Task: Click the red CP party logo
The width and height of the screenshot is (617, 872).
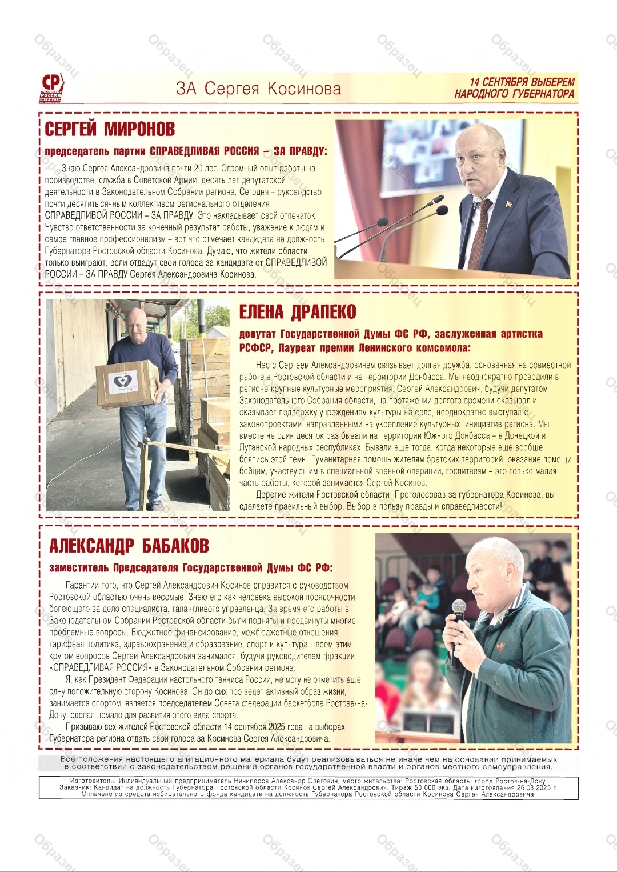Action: [x=51, y=87]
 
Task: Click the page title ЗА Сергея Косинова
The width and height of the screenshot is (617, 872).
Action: [x=258, y=89]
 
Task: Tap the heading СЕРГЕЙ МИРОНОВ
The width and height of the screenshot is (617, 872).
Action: [x=110, y=129]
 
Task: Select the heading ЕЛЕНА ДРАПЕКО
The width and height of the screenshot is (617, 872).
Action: [x=297, y=312]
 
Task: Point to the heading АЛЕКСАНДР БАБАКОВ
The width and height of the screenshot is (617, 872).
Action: [x=129, y=546]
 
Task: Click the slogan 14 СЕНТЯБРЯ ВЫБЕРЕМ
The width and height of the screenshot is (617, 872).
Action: [x=522, y=82]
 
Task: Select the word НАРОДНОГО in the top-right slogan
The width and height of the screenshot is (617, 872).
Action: [x=484, y=94]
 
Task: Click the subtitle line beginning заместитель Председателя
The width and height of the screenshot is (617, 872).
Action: [x=191, y=568]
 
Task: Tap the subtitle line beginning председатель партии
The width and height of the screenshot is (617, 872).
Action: [x=186, y=151]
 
